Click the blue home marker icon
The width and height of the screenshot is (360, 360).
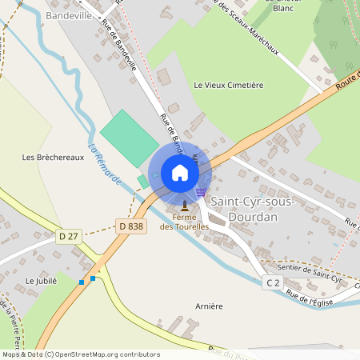(x=180, y=173)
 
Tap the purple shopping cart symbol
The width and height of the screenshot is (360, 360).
(x=201, y=192)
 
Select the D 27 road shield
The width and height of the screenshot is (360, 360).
(x=69, y=236)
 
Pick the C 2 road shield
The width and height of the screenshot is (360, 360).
(x=274, y=282)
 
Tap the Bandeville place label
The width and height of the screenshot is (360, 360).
(x=70, y=15)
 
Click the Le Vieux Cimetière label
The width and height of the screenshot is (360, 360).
(x=228, y=85)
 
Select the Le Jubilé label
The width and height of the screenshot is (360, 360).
(x=41, y=281)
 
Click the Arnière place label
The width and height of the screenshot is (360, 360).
(x=208, y=306)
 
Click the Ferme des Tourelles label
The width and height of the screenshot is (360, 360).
(x=184, y=222)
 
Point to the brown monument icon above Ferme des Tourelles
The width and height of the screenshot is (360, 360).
(x=185, y=206)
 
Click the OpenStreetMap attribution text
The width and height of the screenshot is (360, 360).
(x=80, y=354)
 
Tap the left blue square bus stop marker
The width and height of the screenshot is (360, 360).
(x=82, y=282)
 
